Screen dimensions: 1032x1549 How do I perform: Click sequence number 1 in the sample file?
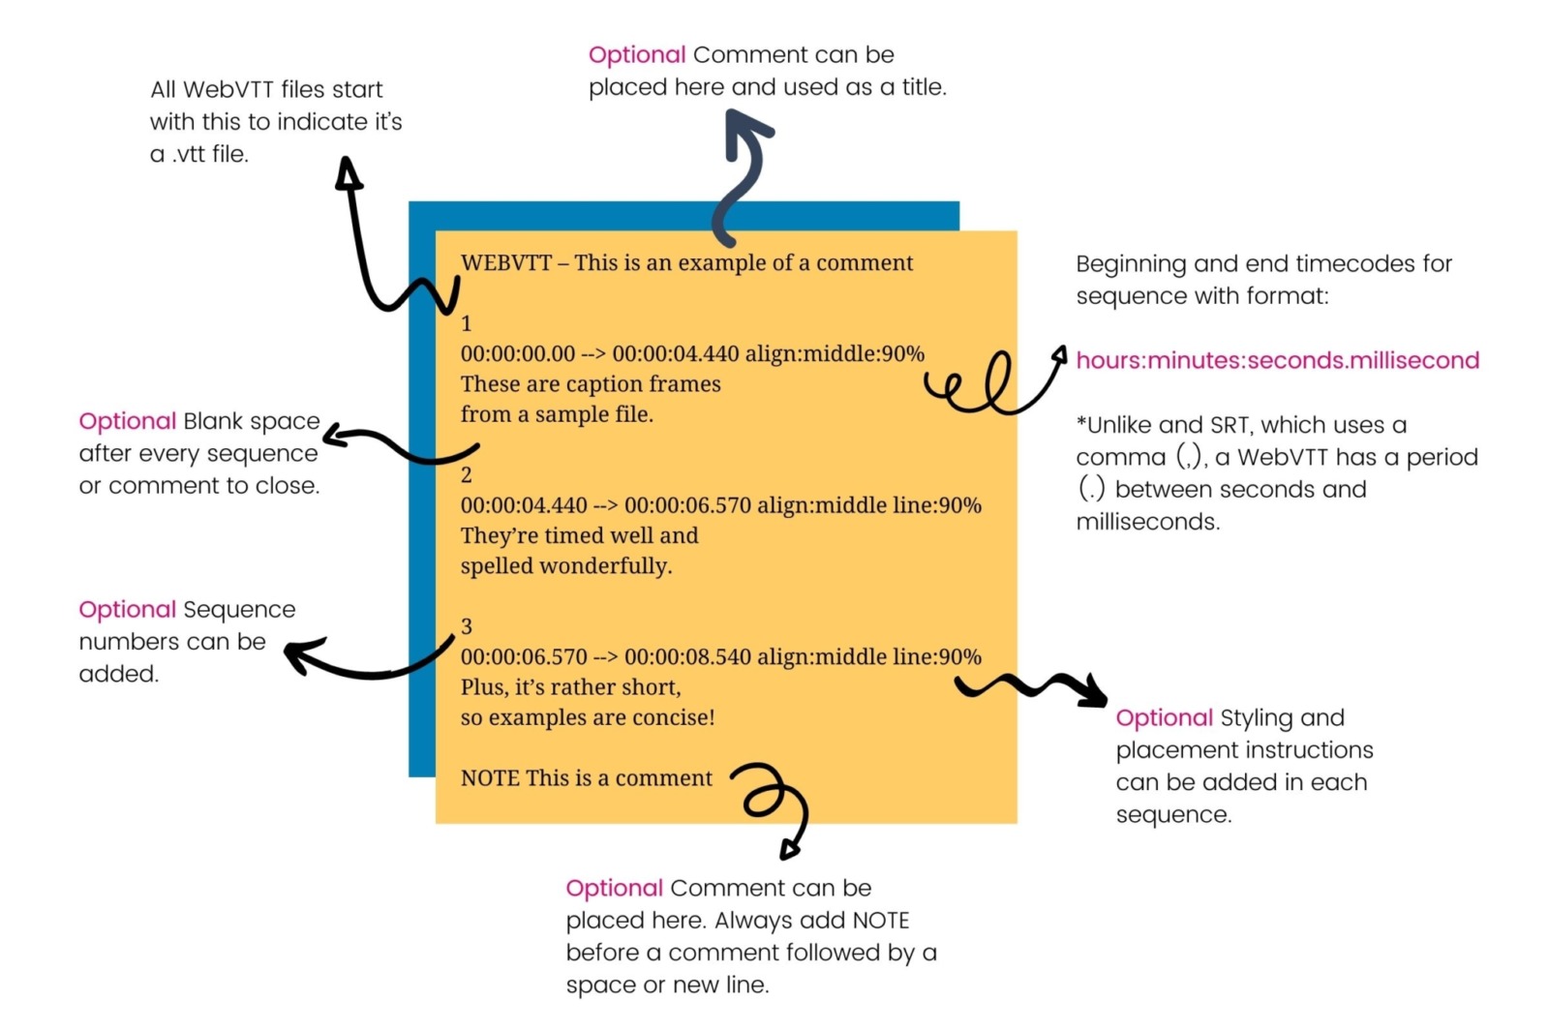467,324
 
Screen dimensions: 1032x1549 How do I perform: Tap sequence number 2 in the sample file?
467,475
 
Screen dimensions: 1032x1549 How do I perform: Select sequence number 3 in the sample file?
467,626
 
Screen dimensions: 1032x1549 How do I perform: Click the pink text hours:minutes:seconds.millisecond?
1277,360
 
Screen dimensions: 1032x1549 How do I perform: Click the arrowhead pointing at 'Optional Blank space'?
335,436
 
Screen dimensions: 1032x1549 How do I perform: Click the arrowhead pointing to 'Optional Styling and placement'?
1095,690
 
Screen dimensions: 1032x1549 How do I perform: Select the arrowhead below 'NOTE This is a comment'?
790,850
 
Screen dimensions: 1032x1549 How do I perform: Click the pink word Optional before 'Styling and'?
1164,718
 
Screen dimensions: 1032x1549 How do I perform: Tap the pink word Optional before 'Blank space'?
127,421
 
